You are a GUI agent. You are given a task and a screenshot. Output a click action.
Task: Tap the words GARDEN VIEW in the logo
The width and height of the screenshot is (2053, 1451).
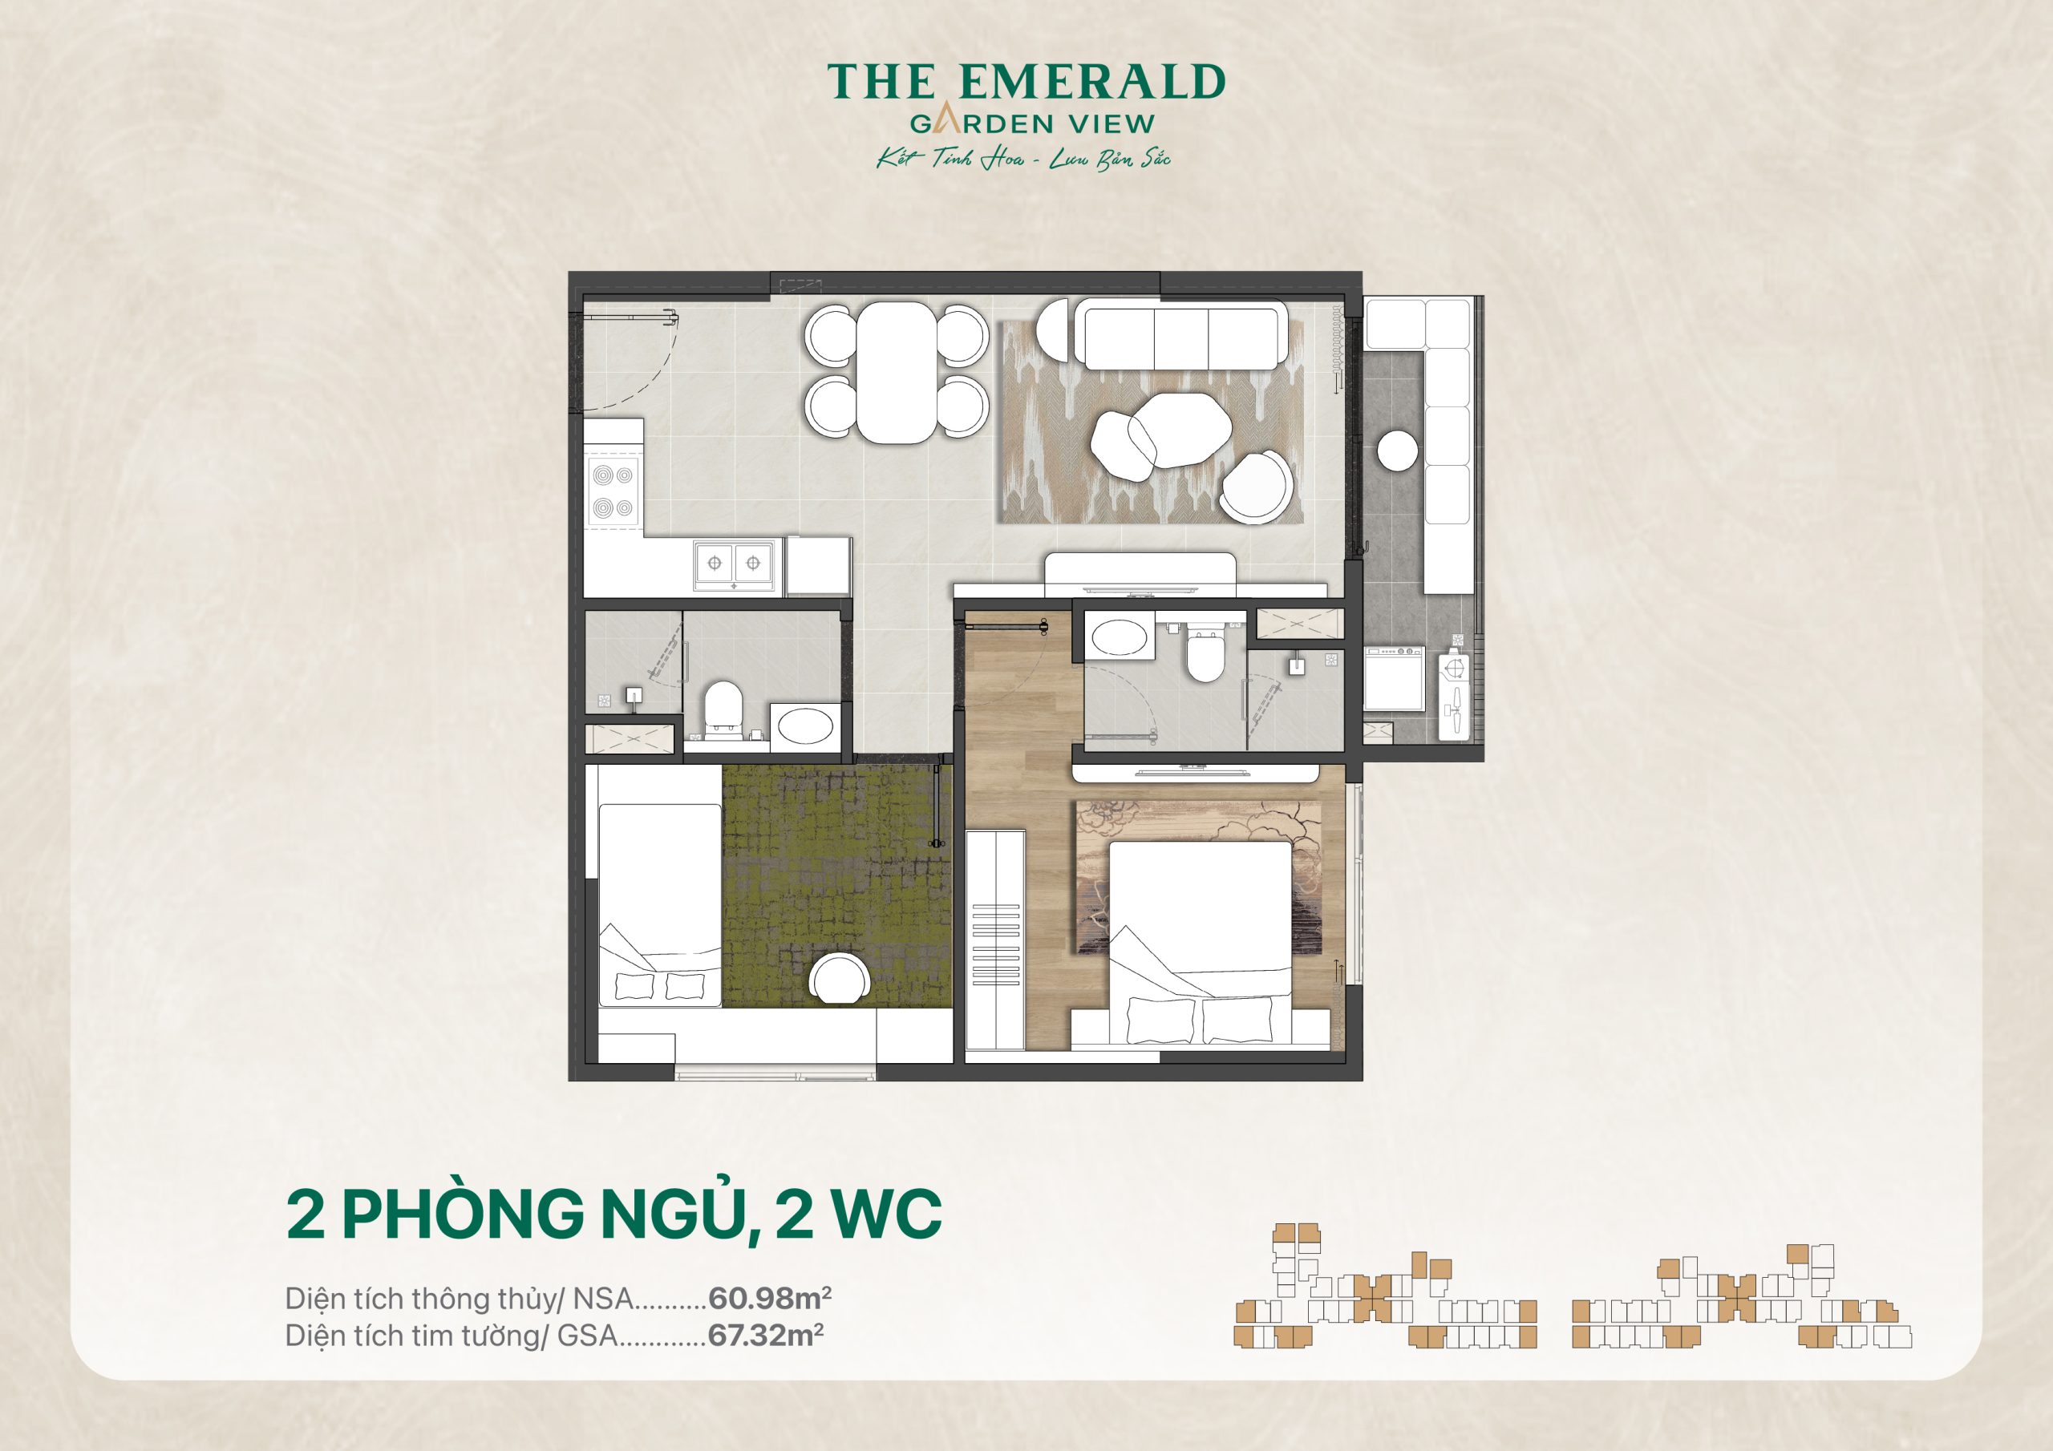pos(1032,123)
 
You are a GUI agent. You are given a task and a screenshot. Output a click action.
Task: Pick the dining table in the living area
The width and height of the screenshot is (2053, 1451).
pos(896,372)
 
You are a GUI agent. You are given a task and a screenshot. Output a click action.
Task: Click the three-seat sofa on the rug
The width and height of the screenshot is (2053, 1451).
pos(1180,334)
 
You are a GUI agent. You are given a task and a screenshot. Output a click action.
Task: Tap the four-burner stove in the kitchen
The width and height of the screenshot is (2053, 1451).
pos(613,491)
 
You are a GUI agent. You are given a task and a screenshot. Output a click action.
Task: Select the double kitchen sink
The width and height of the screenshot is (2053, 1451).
pos(734,564)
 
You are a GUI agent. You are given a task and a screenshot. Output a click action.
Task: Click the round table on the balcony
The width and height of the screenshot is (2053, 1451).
pos(1397,450)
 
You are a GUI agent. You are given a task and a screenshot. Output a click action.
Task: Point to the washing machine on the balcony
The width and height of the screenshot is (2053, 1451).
pos(1395,677)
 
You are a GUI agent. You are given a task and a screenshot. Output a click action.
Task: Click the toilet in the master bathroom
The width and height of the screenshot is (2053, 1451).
pos(1204,654)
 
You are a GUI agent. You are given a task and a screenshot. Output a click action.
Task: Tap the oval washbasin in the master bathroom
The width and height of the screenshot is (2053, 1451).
pos(1119,638)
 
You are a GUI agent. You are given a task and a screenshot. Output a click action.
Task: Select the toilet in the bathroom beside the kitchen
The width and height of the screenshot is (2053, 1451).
pos(722,709)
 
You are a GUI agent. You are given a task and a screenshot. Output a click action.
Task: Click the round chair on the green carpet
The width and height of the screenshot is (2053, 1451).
pos(839,979)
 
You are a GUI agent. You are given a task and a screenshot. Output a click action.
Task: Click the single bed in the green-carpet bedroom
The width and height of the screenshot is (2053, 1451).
pos(659,903)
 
